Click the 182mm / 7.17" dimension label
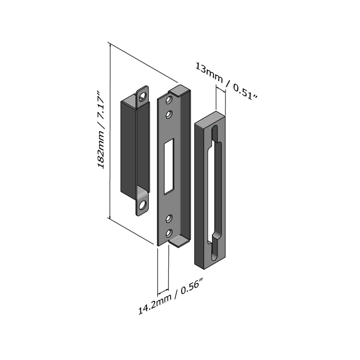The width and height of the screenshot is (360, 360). point(101,130)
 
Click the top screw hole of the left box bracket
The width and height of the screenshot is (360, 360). point(143,96)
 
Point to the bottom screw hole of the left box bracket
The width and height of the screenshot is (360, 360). point(143,205)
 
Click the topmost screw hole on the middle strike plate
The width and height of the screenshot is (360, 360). point(169,100)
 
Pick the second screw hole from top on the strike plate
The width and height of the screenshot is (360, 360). point(169,114)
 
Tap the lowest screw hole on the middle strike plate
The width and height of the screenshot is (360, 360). point(169,233)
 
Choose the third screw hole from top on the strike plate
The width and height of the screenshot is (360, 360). point(169,219)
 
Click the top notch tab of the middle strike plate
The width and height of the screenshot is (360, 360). point(180,90)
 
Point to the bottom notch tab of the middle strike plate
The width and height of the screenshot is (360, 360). point(180,242)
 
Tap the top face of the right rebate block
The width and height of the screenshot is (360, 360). point(210,117)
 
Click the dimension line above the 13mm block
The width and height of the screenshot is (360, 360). point(220,89)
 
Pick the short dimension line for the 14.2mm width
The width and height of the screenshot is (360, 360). point(163,292)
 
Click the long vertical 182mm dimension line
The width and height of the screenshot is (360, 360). point(110,131)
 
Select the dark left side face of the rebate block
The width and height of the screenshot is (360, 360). point(199,195)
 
